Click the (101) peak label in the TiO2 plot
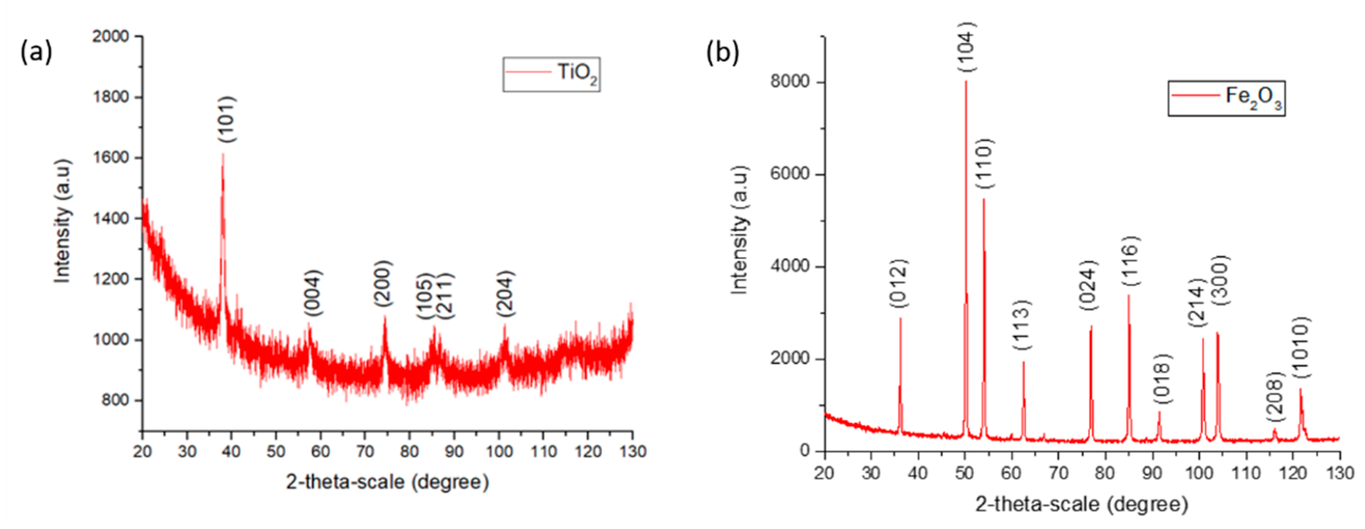click(x=227, y=119)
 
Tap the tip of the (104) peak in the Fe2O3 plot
click(x=966, y=81)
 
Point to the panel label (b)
click(x=722, y=54)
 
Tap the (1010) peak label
click(x=1301, y=347)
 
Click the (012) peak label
click(x=899, y=283)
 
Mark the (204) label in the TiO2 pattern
click(x=505, y=294)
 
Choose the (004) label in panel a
click(x=313, y=293)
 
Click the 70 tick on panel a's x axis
click(x=365, y=451)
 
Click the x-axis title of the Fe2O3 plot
click(x=1081, y=504)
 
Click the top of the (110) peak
click(x=984, y=200)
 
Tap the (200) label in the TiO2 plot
click(x=383, y=283)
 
